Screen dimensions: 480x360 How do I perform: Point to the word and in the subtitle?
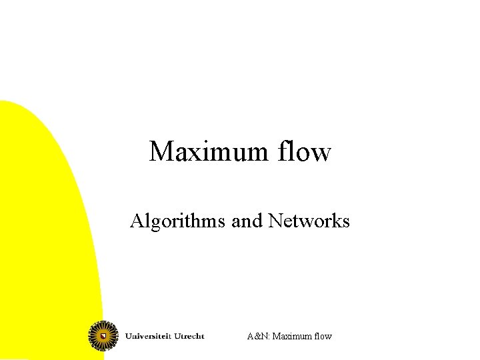point(247,221)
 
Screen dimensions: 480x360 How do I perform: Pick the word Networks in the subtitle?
point(309,221)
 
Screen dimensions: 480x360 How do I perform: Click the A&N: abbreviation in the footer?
point(257,336)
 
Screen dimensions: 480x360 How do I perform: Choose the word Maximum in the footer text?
point(291,336)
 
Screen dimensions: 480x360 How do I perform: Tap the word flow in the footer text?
point(323,336)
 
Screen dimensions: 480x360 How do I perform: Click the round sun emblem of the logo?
point(103,335)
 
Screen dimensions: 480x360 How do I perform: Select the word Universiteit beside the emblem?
point(149,336)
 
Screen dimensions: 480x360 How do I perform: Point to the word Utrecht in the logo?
point(189,336)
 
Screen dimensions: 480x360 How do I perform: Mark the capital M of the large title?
point(161,152)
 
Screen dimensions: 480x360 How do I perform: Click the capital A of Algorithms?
point(137,221)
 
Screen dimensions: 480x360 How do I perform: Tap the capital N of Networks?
point(275,221)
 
